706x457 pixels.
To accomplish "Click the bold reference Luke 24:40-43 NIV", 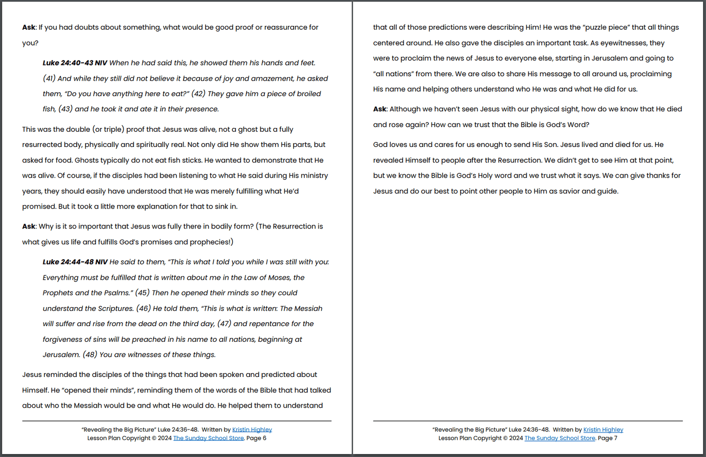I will [x=75, y=63].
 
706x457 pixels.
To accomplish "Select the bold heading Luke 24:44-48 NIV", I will [x=75, y=262].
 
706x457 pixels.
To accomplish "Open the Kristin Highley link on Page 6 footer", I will [x=252, y=430].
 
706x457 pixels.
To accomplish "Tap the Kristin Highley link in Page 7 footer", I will [x=603, y=430].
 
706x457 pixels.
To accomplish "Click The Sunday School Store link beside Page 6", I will [x=208, y=438].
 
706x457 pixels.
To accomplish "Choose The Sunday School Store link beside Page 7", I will [x=559, y=438].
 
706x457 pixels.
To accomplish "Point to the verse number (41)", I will [x=49, y=79].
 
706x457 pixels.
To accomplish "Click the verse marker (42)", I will [x=198, y=94].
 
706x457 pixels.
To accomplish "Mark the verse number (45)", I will [x=142, y=293].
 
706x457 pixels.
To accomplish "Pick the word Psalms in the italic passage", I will [x=117, y=293].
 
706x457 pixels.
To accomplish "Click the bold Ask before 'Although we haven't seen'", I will [x=380, y=109].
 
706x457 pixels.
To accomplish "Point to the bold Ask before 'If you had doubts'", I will [x=28, y=27].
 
